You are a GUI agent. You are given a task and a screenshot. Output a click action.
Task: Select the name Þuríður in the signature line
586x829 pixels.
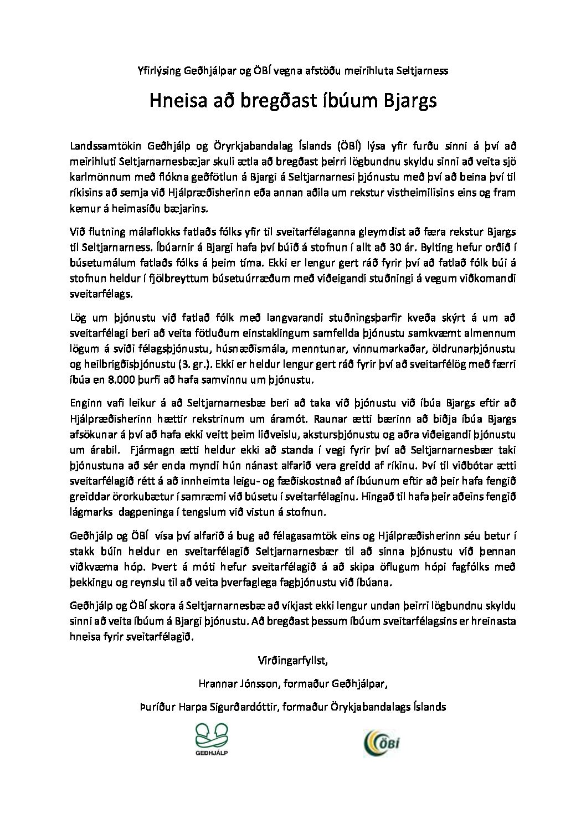[157, 707]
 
